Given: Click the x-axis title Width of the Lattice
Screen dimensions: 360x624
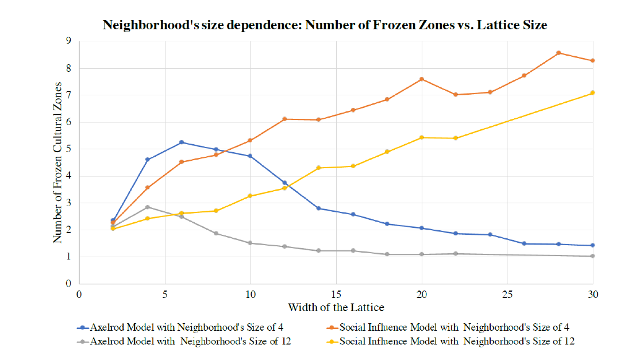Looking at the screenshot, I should [x=336, y=307].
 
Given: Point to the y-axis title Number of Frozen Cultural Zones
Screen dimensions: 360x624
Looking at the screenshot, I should [x=58, y=162].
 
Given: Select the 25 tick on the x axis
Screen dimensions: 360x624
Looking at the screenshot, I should [x=507, y=294].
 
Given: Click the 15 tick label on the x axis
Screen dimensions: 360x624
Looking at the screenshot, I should [x=336, y=294].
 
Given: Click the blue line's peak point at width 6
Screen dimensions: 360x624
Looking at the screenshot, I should [x=182, y=142].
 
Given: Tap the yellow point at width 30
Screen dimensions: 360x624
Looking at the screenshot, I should [x=592, y=92].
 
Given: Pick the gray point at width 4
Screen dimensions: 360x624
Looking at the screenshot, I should [x=148, y=207].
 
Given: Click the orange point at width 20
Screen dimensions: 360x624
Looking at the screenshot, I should [x=422, y=79].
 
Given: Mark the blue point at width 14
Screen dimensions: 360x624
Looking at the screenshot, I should [x=318, y=208].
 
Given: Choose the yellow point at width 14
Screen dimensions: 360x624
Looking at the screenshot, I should [x=318, y=168].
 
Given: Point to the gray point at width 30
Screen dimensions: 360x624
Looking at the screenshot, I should [x=592, y=256].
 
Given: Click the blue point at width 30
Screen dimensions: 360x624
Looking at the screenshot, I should [x=592, y=245].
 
